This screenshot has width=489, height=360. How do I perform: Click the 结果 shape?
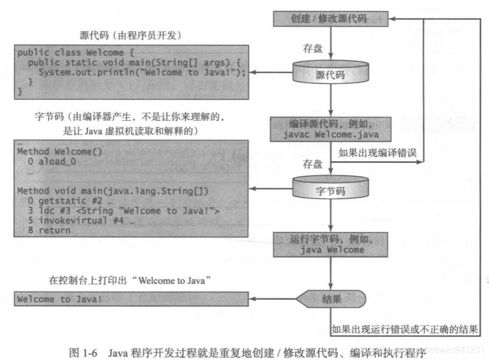(x=332, y=299)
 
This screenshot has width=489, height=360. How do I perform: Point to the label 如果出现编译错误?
(x=377, y=152)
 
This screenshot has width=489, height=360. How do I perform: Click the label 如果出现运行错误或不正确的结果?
(x=405, y=329)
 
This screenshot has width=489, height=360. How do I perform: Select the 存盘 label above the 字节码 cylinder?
(x=313, y=165)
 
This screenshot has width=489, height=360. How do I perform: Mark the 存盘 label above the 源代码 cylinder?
(x=313, y=48)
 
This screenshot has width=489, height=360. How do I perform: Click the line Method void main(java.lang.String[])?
(x=112, y=191)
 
